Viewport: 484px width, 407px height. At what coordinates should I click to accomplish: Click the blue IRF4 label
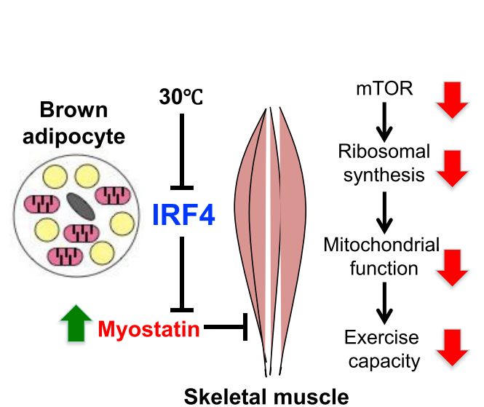183,215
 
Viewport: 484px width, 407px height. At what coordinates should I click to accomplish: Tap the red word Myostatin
148,330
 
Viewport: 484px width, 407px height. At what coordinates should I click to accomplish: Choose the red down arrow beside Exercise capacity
452,347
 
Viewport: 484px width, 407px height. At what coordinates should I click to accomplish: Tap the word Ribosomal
384,152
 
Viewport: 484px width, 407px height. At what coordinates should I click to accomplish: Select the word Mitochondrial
382,245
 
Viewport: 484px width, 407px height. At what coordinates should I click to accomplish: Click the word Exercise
382,337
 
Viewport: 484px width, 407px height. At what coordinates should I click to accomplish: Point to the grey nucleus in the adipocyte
80,206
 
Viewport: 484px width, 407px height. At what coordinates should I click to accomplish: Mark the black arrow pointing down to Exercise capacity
384,306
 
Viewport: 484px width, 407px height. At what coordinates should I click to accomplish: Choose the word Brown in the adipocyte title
74,111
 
